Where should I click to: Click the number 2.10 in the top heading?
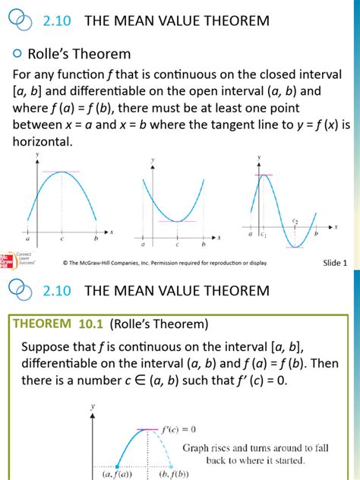click(56, 21)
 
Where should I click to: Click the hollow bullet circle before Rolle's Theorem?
click(17, 54)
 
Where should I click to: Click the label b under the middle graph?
click(203, 245)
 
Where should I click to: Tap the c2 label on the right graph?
click(295, 220)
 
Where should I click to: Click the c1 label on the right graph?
click(263, 235)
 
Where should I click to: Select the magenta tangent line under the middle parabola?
click(177, 222)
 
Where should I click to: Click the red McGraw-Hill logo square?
click(5, 261)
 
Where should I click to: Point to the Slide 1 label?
click(335, 263)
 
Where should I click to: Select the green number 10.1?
click(92, 324)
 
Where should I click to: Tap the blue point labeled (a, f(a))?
click(117, 466)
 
